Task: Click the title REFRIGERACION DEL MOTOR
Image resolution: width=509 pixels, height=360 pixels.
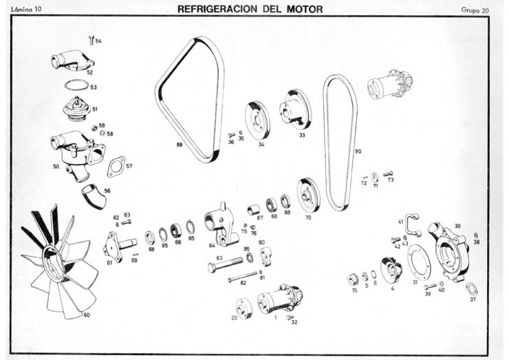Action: [250, 10]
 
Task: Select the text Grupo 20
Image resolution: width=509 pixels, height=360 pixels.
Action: [475, 10]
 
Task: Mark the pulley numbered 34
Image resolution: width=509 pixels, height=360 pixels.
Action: [257, 121]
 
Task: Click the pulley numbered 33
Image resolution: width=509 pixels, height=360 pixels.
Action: [296, 109]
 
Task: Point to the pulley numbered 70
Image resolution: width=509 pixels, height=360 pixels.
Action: [309, 195]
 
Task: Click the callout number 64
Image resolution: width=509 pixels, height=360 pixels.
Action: [211, 245]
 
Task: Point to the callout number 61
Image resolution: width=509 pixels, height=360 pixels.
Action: [109, 262]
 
